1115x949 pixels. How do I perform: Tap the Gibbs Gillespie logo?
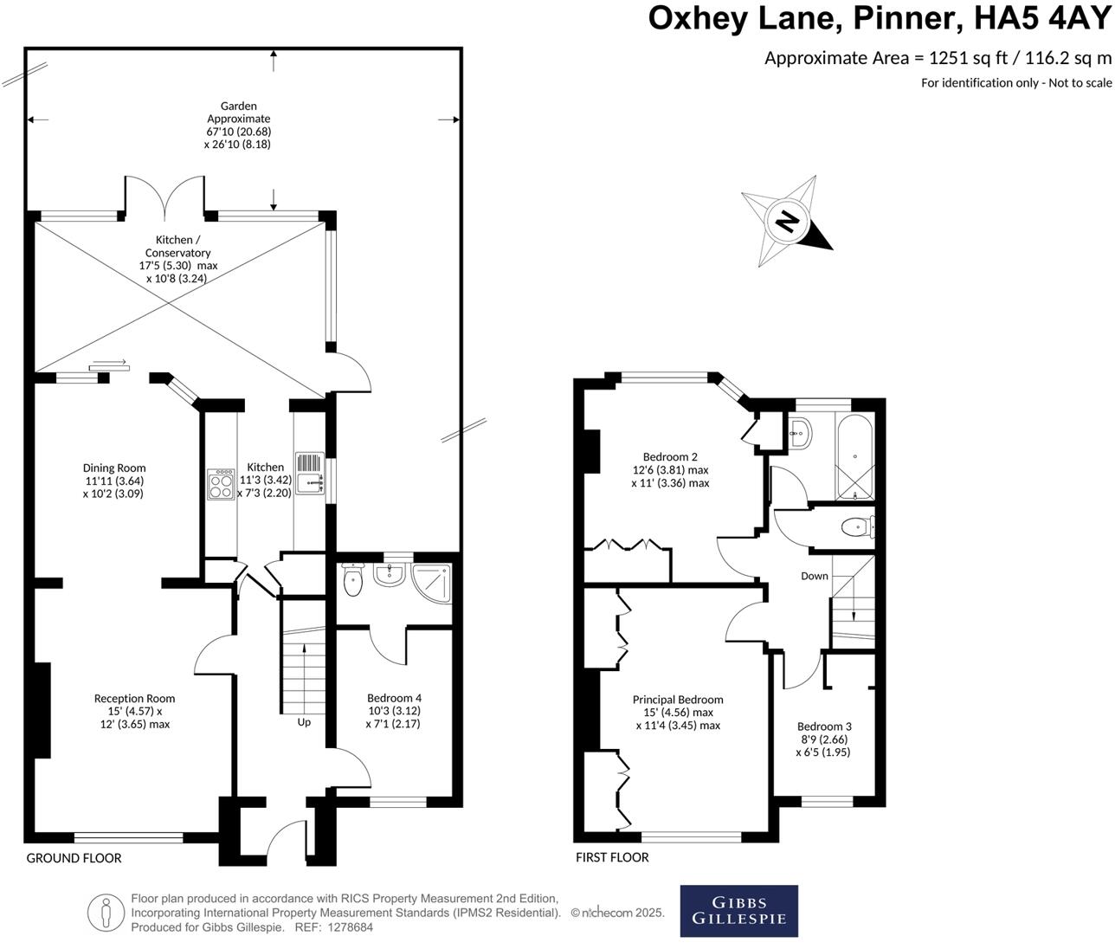coord(738,910)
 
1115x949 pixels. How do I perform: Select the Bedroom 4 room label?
coord(394,698)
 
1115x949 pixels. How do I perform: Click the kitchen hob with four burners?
coord(221,484)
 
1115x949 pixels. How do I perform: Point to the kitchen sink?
coord(309,474)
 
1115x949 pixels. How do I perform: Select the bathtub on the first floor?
coord(854,456)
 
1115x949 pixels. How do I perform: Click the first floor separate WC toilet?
coord(856,526)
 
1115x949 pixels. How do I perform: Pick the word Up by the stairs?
coord(304,722)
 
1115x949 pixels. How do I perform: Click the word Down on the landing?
coord(814,576)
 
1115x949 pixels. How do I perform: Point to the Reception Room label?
coord(134,699)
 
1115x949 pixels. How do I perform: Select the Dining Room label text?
coord(114,468)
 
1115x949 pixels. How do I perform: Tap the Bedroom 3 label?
coord(824,726)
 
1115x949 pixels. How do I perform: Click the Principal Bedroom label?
coord(678,700)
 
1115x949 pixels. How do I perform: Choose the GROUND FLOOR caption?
coord(74,858)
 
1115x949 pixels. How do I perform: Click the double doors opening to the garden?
coord(164,196)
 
